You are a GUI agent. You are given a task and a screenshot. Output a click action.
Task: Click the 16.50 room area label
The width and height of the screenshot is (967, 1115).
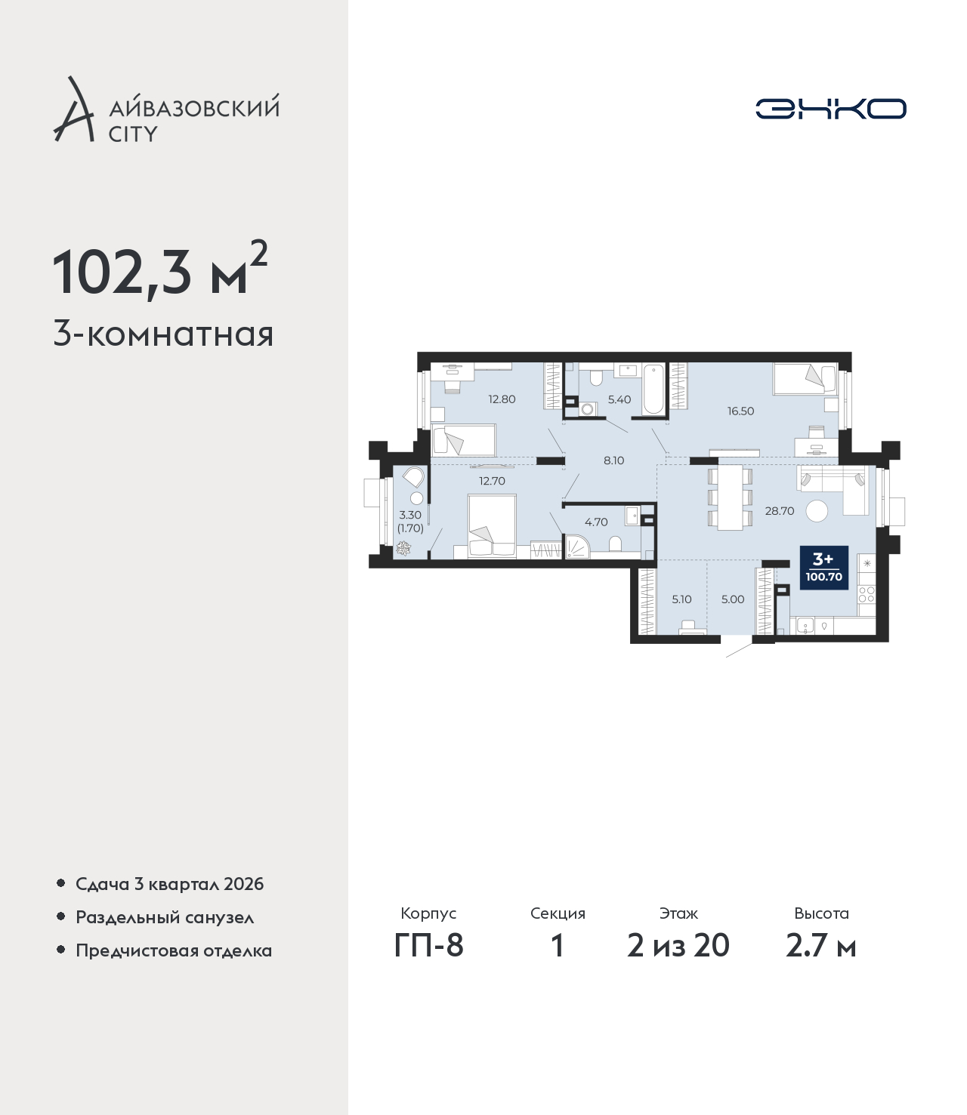740,411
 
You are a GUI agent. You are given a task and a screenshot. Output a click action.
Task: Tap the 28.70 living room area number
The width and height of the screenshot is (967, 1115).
779,511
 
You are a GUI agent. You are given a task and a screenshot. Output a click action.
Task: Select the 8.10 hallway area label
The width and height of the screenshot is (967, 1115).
614,460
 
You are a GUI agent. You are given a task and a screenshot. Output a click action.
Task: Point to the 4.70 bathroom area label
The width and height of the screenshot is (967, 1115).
596,522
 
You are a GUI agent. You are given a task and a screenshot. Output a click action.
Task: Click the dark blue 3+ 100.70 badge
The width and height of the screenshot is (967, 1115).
824,568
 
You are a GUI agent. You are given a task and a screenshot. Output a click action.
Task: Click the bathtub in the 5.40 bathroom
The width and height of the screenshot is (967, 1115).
654,390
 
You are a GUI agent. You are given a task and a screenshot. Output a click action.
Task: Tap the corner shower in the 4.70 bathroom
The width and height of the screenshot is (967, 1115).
576,546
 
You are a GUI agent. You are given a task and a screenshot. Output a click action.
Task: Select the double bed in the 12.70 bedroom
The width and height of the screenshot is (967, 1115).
492,525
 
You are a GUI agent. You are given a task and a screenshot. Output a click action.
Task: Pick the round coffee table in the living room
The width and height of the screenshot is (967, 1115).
817,511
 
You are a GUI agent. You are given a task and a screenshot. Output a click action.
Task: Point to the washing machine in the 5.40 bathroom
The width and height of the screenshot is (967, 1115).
586,410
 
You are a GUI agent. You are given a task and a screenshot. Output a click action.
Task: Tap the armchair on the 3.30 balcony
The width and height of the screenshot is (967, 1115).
413,477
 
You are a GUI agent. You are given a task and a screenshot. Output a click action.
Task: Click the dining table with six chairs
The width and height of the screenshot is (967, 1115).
731,498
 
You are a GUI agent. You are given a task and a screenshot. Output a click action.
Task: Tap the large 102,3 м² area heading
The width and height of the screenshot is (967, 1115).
160,270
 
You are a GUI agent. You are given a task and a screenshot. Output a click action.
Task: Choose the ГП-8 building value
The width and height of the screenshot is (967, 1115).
429,945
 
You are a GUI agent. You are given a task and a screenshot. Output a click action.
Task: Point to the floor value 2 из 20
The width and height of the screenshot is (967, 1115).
678,945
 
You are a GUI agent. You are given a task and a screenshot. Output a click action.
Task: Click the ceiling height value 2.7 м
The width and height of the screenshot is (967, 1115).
820,945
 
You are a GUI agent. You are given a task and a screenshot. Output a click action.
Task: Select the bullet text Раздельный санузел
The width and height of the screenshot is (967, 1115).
165,917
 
